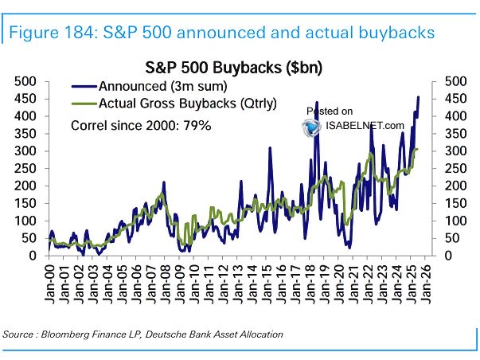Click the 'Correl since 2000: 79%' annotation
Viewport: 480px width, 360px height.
pyautogui.click(x=141, y=125)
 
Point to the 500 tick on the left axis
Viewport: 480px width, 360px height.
pyautogui.click(x=25, y=81)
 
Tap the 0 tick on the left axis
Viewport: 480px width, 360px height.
pyautogui.click(x=33, y=256)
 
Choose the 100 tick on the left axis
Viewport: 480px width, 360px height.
pyautogui.click(x=25, y=221)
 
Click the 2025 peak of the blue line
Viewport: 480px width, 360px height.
pyautogui.click(x=419, y=97)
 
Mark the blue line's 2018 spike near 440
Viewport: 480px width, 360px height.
pyautogui.click(x=317, y=102)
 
